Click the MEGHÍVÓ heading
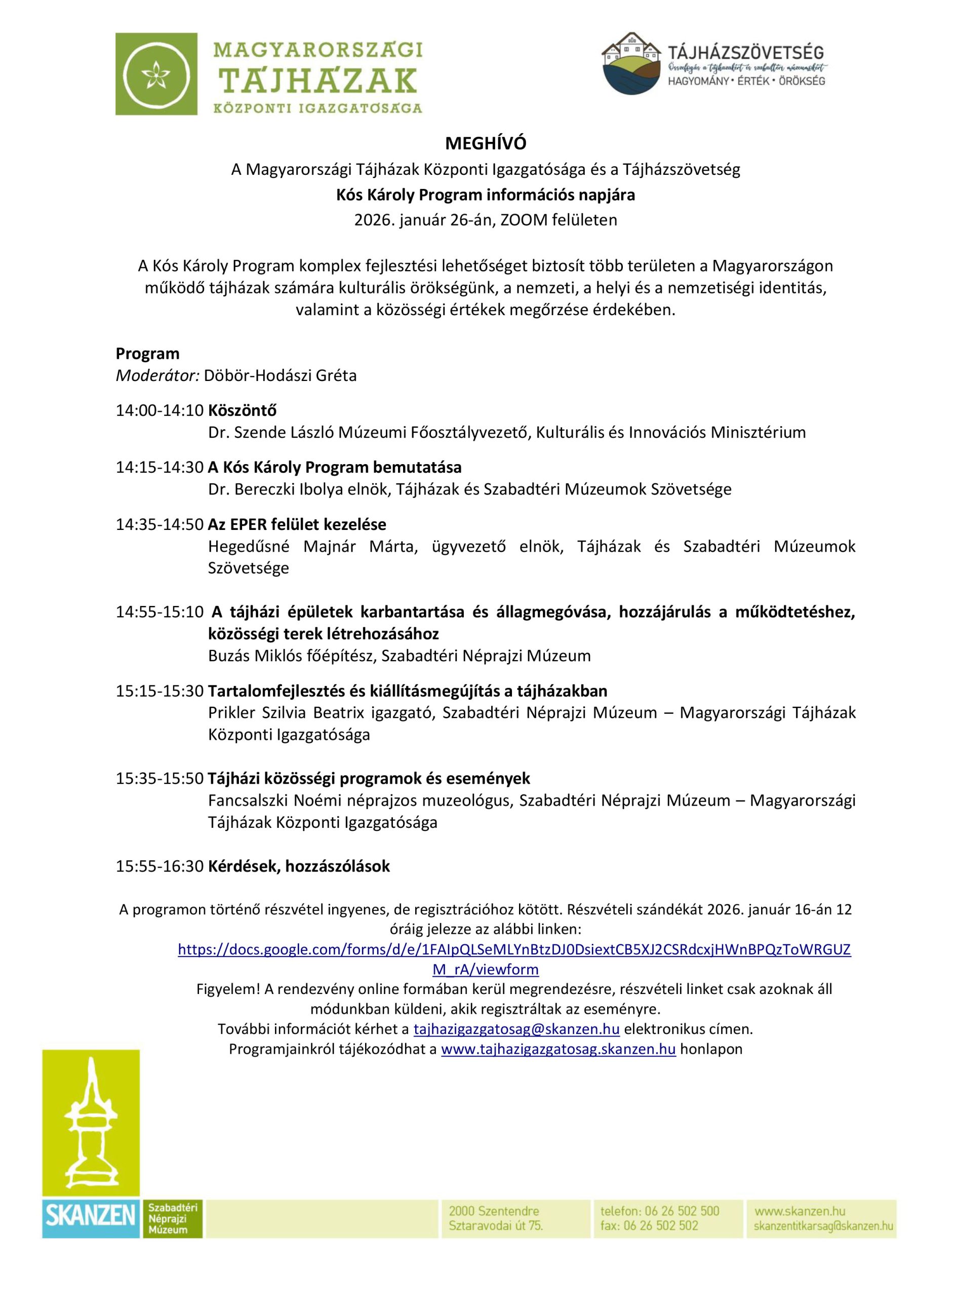click(x=485, y=143)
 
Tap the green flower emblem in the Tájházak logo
click(x=156, y=74)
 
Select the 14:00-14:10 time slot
click(x=160, y=410)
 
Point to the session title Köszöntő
click(x=242, y=410)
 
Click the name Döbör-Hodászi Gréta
click(x=280, y=376)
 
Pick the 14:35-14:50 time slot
click(x=160, y=524)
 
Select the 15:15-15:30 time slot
click(x=160, y=691)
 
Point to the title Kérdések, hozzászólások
click(x=299, y=866)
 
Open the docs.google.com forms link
click(x=514, y=950)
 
